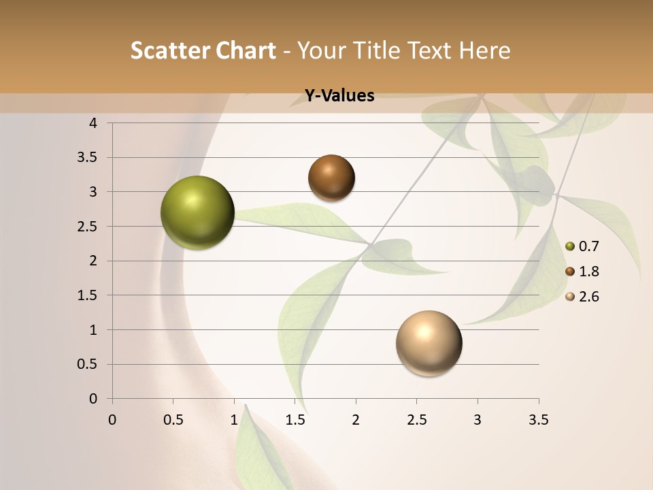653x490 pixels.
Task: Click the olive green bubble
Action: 197,212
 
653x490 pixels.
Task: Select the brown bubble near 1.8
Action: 331,178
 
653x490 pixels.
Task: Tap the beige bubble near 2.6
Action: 429,343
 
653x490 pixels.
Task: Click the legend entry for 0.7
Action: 582,246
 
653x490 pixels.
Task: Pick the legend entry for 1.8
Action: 582,272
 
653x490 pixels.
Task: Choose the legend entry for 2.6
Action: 582,297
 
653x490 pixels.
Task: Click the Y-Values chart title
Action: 339,96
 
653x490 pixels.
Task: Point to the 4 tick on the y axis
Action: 93,123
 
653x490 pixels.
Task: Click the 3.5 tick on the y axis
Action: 88,158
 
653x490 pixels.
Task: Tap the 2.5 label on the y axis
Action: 88,227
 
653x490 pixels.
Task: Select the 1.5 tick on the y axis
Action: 88,295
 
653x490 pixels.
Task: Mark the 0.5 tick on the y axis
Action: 88,364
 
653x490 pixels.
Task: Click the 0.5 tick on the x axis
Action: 173,420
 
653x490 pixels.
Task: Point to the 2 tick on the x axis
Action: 356,420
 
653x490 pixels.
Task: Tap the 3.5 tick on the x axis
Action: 538,420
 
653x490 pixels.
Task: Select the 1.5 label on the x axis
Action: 295,420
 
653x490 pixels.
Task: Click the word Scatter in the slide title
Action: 170,50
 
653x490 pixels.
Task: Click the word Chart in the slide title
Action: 246,50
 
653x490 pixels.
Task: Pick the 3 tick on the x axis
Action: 478,420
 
